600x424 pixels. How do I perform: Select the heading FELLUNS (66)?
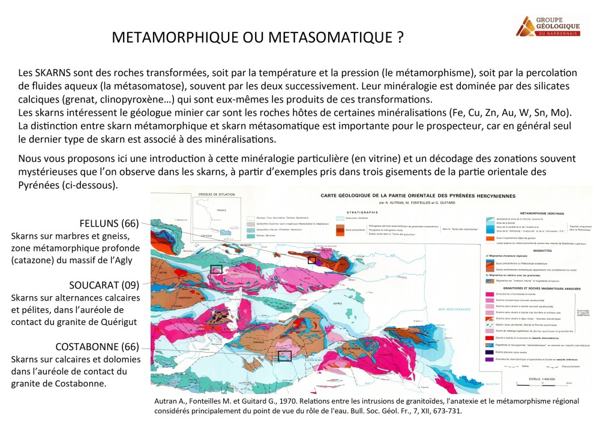click(105, 224)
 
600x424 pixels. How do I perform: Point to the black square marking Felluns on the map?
click(311, 260)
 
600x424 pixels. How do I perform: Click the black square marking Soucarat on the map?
click(216, 269)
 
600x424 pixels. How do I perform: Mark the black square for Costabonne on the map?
click(285, 356)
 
